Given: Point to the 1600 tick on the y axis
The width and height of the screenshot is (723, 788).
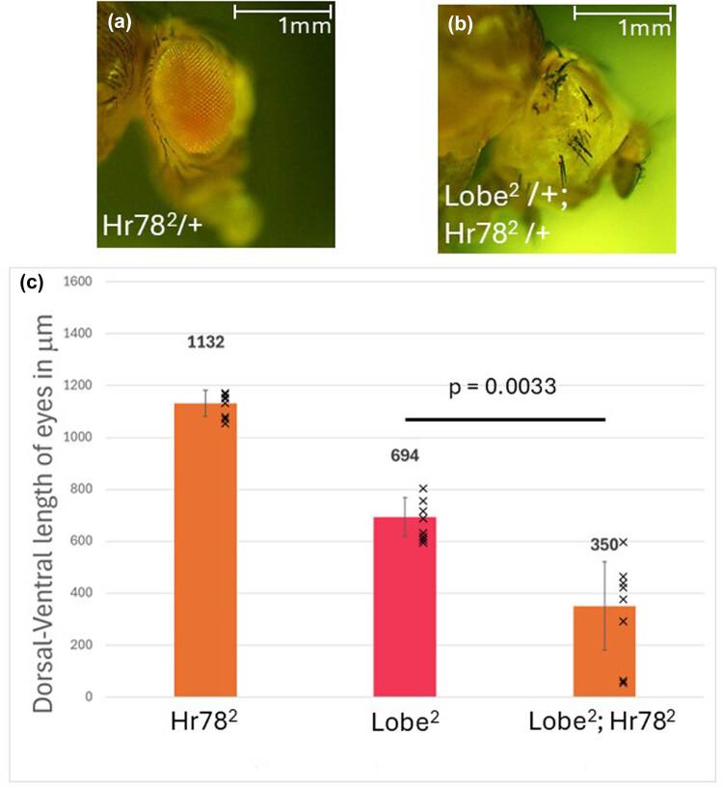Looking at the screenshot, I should pos(82,282).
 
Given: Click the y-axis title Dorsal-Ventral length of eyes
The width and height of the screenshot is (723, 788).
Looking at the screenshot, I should pos(42,489).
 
